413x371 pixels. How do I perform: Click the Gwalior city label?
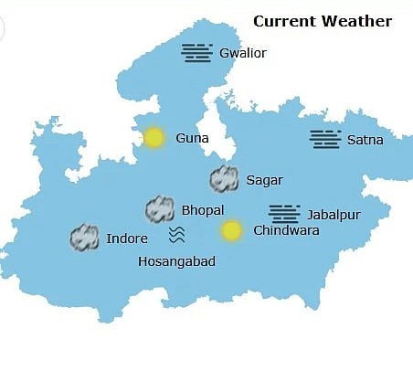[243, 53]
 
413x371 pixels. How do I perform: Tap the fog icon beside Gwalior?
[197, 52]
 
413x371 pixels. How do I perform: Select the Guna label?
[192, 139]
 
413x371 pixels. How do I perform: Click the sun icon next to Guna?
[154, 138]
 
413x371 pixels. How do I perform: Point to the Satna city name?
[365, 140]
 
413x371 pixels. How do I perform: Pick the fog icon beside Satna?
[325, 139]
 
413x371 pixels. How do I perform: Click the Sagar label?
[265, 180]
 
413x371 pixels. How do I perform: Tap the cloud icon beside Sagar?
[224, 179]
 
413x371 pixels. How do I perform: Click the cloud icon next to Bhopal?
[160, 210]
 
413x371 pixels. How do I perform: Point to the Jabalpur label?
[334, 214]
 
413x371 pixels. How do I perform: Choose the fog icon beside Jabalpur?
[284, 213]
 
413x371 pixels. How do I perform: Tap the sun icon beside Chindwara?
[232, 230]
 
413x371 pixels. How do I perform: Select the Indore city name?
[126, 238]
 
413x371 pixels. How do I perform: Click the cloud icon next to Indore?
[85, 238]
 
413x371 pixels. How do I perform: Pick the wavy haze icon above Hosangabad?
[176, 236]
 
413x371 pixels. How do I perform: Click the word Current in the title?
[281, 21]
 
